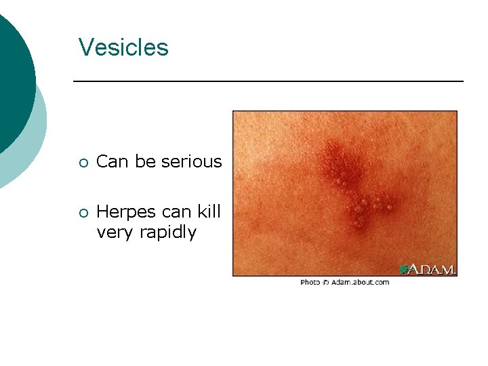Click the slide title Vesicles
click(x=123, y=47)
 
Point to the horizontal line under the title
click(x=268, y=81)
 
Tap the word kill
click(x=209, y=211)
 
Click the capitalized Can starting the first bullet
click(x=113, y=161)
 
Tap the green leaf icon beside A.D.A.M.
click(x=403, y=269)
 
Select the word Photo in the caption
click(x=310, y=282)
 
